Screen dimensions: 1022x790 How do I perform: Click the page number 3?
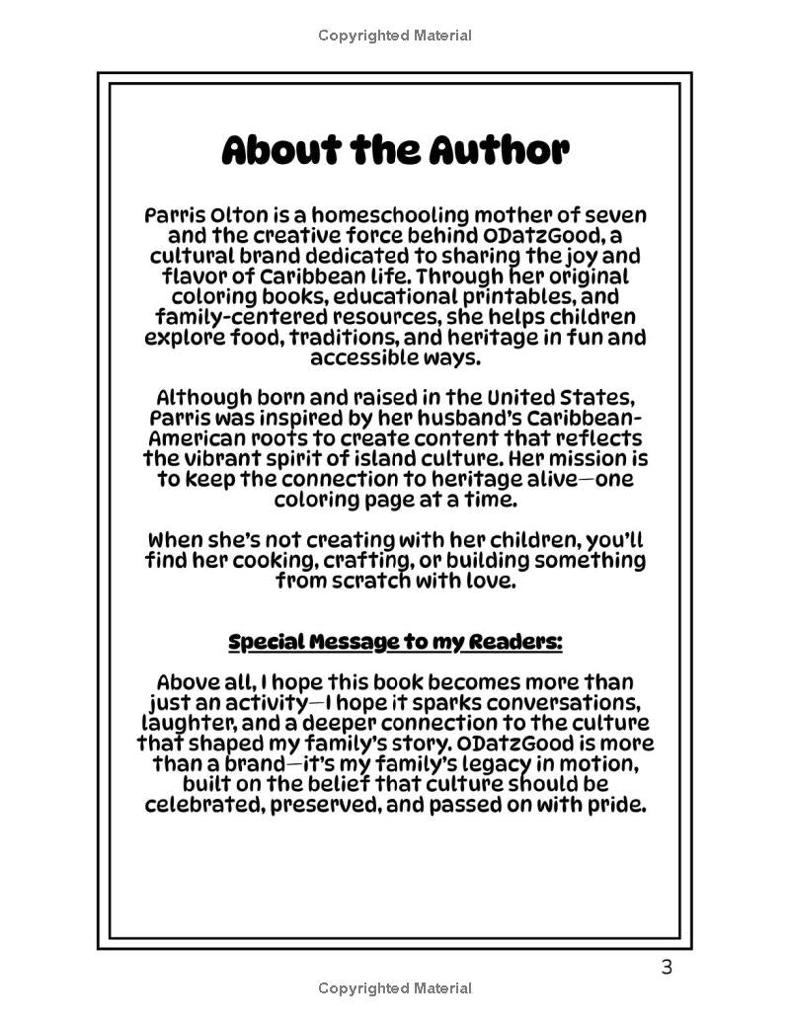(667, 967)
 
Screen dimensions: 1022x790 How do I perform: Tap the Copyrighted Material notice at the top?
(395, 36)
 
